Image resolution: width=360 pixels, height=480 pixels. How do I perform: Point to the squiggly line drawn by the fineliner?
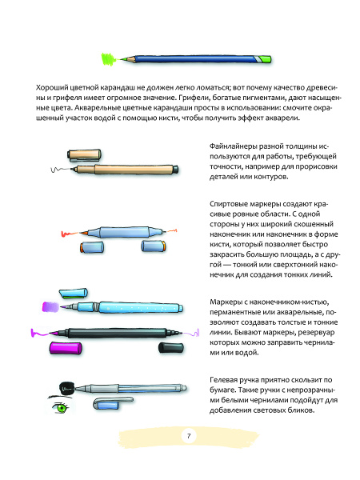(x=57, y=171)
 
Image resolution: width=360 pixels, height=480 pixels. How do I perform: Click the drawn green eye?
(x=60, y=409)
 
